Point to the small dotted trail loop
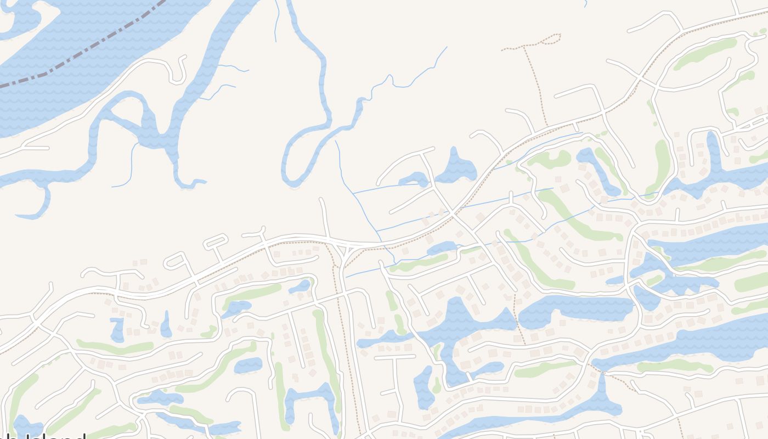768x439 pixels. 551,39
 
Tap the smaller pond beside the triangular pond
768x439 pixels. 414,179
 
